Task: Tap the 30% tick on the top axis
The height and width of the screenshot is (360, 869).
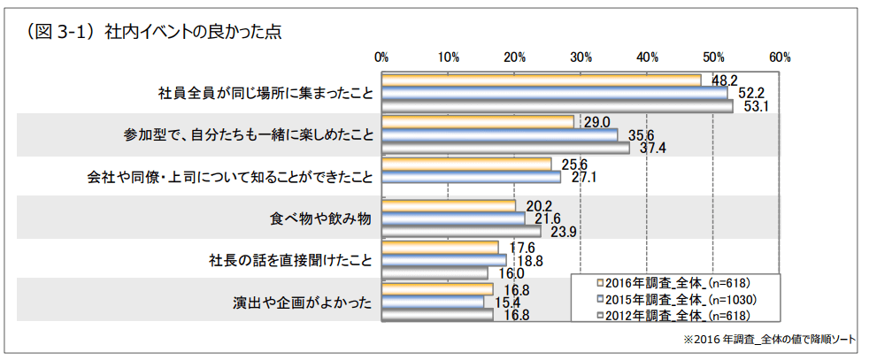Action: point(581,57)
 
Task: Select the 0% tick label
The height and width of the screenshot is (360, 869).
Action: point(382,57)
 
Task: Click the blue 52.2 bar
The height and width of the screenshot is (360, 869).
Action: point(554,93)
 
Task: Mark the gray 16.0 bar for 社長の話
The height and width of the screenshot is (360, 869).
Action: point(435,273)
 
